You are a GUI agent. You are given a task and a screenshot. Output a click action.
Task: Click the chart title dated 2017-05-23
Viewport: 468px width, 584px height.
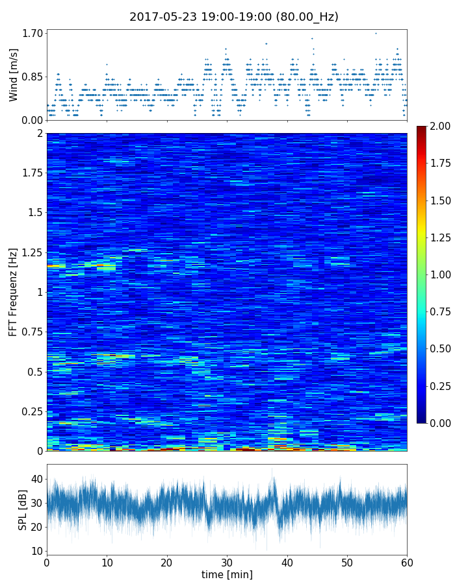click(x=234, y=17)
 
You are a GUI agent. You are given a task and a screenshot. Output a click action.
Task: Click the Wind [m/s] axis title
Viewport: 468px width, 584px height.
click(x=14, y=75)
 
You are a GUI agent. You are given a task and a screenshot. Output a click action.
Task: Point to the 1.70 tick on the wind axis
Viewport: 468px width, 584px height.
click(x=34, y=33)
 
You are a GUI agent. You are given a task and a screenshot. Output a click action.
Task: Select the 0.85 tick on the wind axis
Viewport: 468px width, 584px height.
click(x=34, y=77)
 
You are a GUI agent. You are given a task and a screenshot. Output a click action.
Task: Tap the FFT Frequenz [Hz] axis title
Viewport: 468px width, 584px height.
click(x=14, y=292)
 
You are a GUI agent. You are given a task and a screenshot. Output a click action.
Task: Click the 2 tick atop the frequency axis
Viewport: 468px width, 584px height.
click(x=40, y=133)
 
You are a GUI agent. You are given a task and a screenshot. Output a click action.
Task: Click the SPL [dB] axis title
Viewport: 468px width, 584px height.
click(x=23, y=509)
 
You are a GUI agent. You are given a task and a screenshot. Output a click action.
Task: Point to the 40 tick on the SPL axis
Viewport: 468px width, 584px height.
click(x=36, y=479)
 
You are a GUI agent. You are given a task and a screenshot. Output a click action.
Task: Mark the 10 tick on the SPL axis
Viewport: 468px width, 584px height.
click(x=36, y=551)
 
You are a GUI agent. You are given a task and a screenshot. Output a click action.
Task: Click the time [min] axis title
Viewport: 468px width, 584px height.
click(x=227, y=574)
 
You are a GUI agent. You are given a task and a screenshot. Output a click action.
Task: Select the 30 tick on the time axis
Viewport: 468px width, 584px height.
click(x=227, y=561)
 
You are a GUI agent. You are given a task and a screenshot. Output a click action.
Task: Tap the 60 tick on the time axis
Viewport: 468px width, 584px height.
click(x=407, y=561)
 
